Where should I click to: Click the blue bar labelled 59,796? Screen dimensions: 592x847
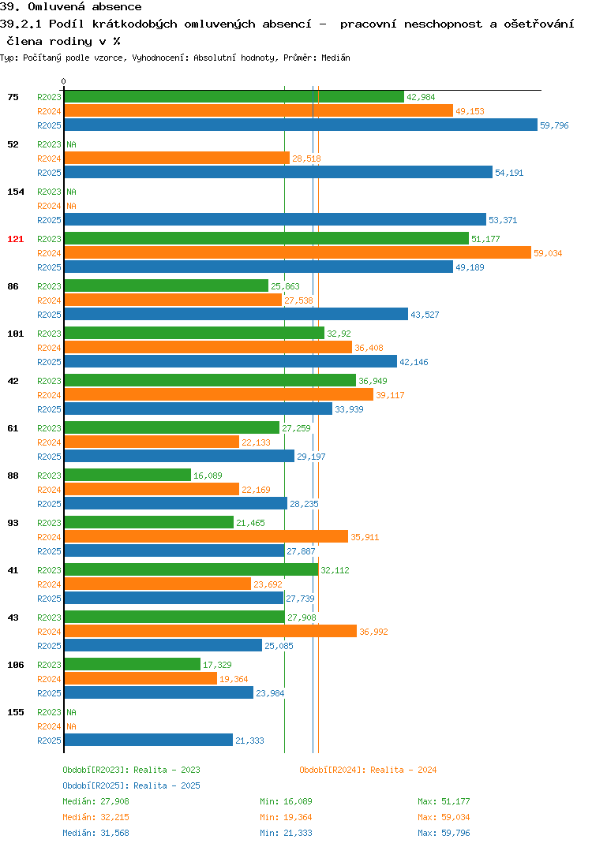click(x=301, y=125)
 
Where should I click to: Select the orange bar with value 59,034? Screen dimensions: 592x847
click(x=298, y=253)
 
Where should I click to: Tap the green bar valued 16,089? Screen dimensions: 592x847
click(x=128, y=476)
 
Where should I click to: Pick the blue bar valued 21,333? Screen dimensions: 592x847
click(x=148, y=740)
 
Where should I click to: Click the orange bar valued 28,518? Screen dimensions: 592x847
click(x=177, y=159)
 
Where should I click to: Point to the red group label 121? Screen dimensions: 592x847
click(x=16, y=239)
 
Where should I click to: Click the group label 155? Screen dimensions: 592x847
click(x=16, y=712)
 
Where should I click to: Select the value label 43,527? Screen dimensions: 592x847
click(x=425, y=315)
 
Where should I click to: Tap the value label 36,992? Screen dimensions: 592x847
click(x=373, y=632)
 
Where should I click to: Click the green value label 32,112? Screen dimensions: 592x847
click(x=335, y=570)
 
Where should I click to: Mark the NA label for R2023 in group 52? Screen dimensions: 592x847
click(x=71, y=144)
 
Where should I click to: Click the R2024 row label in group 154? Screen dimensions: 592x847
click(x=49, y=206)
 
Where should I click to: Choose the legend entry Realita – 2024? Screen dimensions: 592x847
click(x=368, y=770)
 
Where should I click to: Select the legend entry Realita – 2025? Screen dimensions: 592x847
click(x=131, y=785)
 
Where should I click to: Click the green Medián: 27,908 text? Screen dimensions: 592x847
click(x=96, y=801)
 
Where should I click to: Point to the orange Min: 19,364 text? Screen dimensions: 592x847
click(x=286, y=817)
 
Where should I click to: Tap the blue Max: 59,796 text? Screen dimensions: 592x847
click(x=444, y=833)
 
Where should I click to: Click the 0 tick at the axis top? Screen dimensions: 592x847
click(x=64, y=81)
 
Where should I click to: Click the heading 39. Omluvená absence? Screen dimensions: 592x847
click(x=71, y=7)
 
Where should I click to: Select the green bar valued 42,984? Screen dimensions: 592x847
click(x=234, y=97)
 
